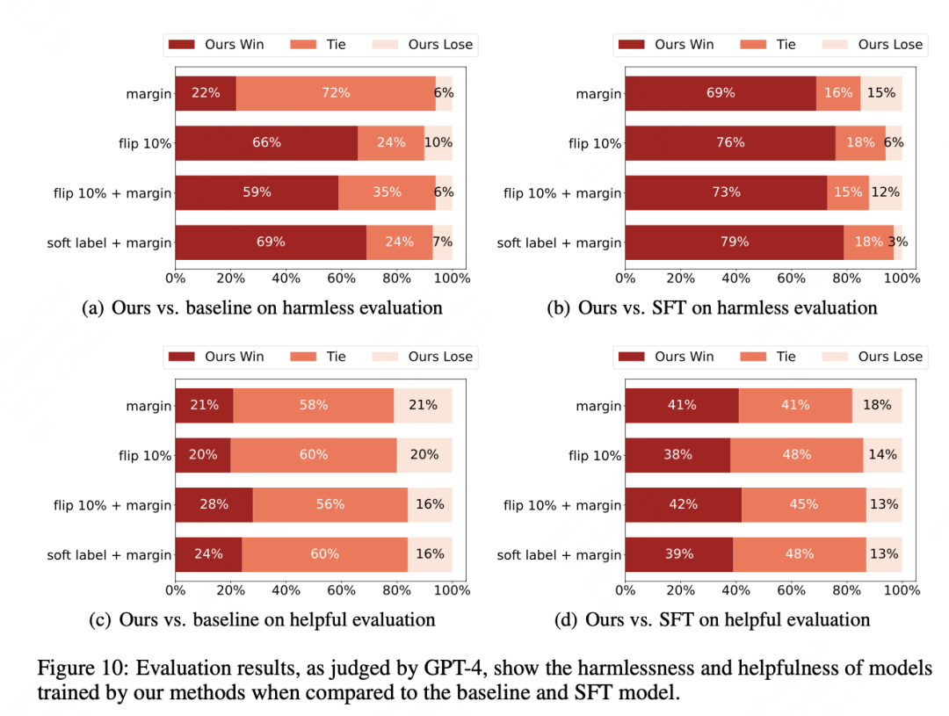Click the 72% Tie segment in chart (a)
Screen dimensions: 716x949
click(336, 93)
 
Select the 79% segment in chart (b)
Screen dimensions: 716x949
click(734, 242)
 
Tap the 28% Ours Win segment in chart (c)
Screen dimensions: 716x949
click(214, 505)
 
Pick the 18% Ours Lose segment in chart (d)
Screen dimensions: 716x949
click(876, 405)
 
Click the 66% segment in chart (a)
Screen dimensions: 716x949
click(266, 142)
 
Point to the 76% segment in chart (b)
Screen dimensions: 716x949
click(729, 142)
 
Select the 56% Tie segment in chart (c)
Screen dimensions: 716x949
click(330, 505)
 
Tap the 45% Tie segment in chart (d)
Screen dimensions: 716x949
click(803, 505)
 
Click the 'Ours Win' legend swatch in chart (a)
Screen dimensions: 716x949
click(183, 45)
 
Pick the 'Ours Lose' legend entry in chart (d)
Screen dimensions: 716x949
click(890, 357)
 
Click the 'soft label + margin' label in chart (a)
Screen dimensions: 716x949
click(110, 243)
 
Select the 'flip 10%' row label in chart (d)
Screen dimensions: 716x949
click(595, 456)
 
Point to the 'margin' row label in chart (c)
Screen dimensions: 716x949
click(149, 406)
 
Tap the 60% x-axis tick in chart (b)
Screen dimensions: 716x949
click(791, 278)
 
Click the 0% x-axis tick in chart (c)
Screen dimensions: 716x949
click(175, 590)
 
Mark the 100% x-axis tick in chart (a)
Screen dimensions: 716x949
click(453, 278)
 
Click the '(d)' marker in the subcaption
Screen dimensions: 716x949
click(566, 620)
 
